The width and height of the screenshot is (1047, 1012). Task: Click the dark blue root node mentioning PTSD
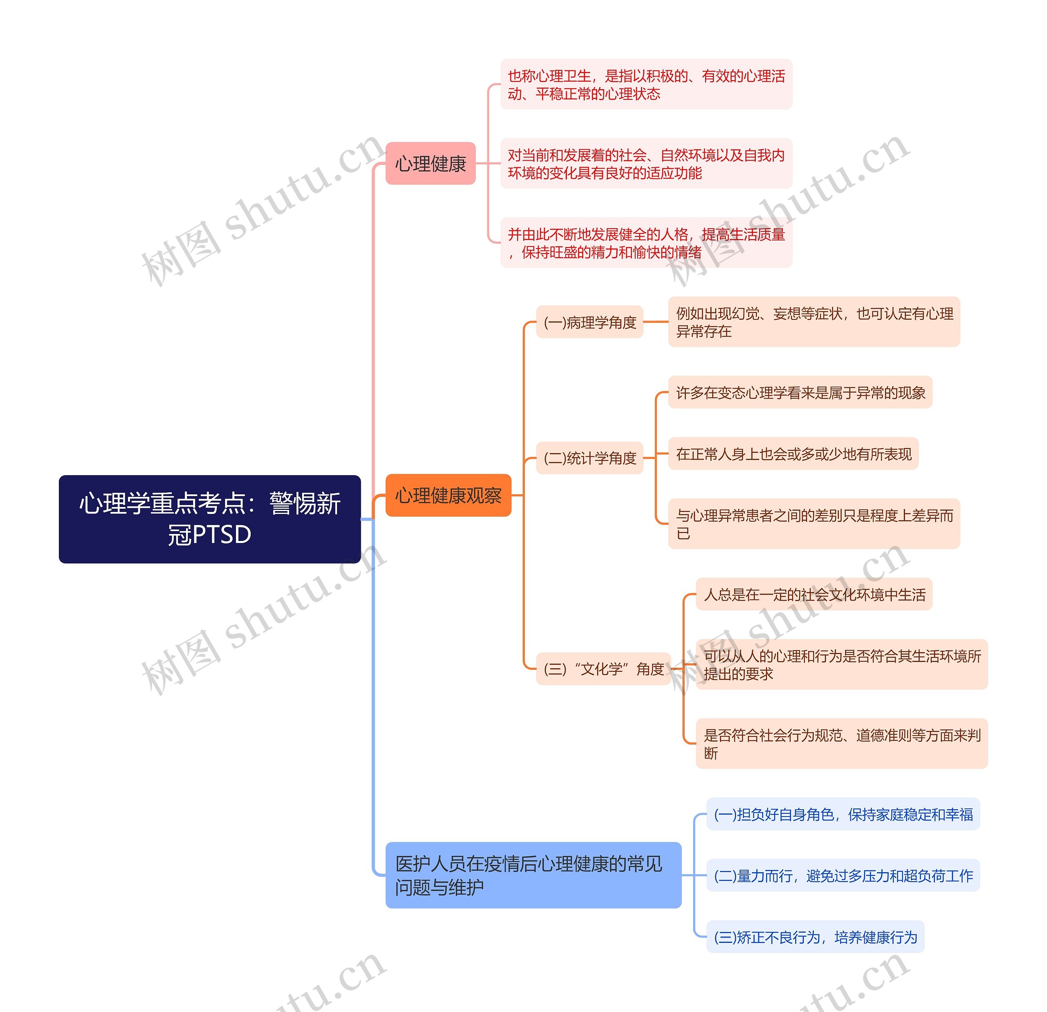(x=209, y=518)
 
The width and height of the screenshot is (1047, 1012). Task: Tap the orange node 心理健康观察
(x=448, y=495)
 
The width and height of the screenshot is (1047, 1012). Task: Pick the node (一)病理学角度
(x=589, y=322)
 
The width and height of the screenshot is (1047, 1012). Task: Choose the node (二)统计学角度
(x=589, y=458)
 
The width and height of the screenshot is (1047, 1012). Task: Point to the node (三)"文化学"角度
(x=603, y=669)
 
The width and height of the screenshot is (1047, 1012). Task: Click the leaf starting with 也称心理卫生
(x=646, y=84)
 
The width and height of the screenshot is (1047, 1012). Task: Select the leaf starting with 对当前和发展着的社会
(x=646, y=164)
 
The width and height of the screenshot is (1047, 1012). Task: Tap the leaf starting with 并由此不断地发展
(x=646, y=242)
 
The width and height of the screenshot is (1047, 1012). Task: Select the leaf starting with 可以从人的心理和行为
(x=841, y=664)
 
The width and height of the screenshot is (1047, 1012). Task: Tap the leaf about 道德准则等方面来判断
(x=841, y=743)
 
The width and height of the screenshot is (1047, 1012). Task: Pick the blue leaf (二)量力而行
(x=843, y=875)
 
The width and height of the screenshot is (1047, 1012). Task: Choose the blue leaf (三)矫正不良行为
(x=815, y=937)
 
